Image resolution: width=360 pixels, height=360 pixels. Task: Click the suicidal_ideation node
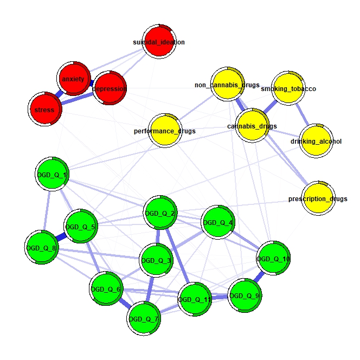click(x=159, y=42)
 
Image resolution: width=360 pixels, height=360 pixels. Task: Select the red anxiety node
click(x=74, y=79)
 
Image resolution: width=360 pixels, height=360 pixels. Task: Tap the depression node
click(x=110, y=88)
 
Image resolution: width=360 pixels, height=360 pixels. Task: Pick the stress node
click(x=45, y=109)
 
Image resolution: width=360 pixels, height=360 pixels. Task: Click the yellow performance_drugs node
click(x=165, y=131)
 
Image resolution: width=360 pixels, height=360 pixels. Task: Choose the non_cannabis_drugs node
click(x=228, y=84)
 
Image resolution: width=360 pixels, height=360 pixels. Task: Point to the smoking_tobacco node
click(x=288, y=88)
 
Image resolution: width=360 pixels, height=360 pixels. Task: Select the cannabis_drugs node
click(x=252, y=126)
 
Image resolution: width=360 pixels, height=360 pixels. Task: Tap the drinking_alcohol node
click(x=316, y=141)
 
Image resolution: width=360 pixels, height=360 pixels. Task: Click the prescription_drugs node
click(x=318, y=198)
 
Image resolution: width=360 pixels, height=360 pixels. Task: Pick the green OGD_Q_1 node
click(x=52, y=174)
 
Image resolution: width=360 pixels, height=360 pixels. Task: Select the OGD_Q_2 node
click(x=160, y=213)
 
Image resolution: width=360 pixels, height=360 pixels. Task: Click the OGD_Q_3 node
click(x=156, y=260)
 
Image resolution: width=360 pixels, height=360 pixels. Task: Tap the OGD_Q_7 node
click(x=144, y=319)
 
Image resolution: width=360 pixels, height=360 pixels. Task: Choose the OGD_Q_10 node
click(x=273, y=258)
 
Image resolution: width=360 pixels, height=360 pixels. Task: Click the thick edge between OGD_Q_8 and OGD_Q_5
click(x=61, y=237)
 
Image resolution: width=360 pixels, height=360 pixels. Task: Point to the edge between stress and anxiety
click(x=59, y=94)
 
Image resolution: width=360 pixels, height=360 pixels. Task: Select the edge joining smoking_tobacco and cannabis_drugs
click(x=271, y=107)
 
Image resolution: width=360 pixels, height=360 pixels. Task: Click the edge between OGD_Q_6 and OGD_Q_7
click(x=125, y=304)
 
